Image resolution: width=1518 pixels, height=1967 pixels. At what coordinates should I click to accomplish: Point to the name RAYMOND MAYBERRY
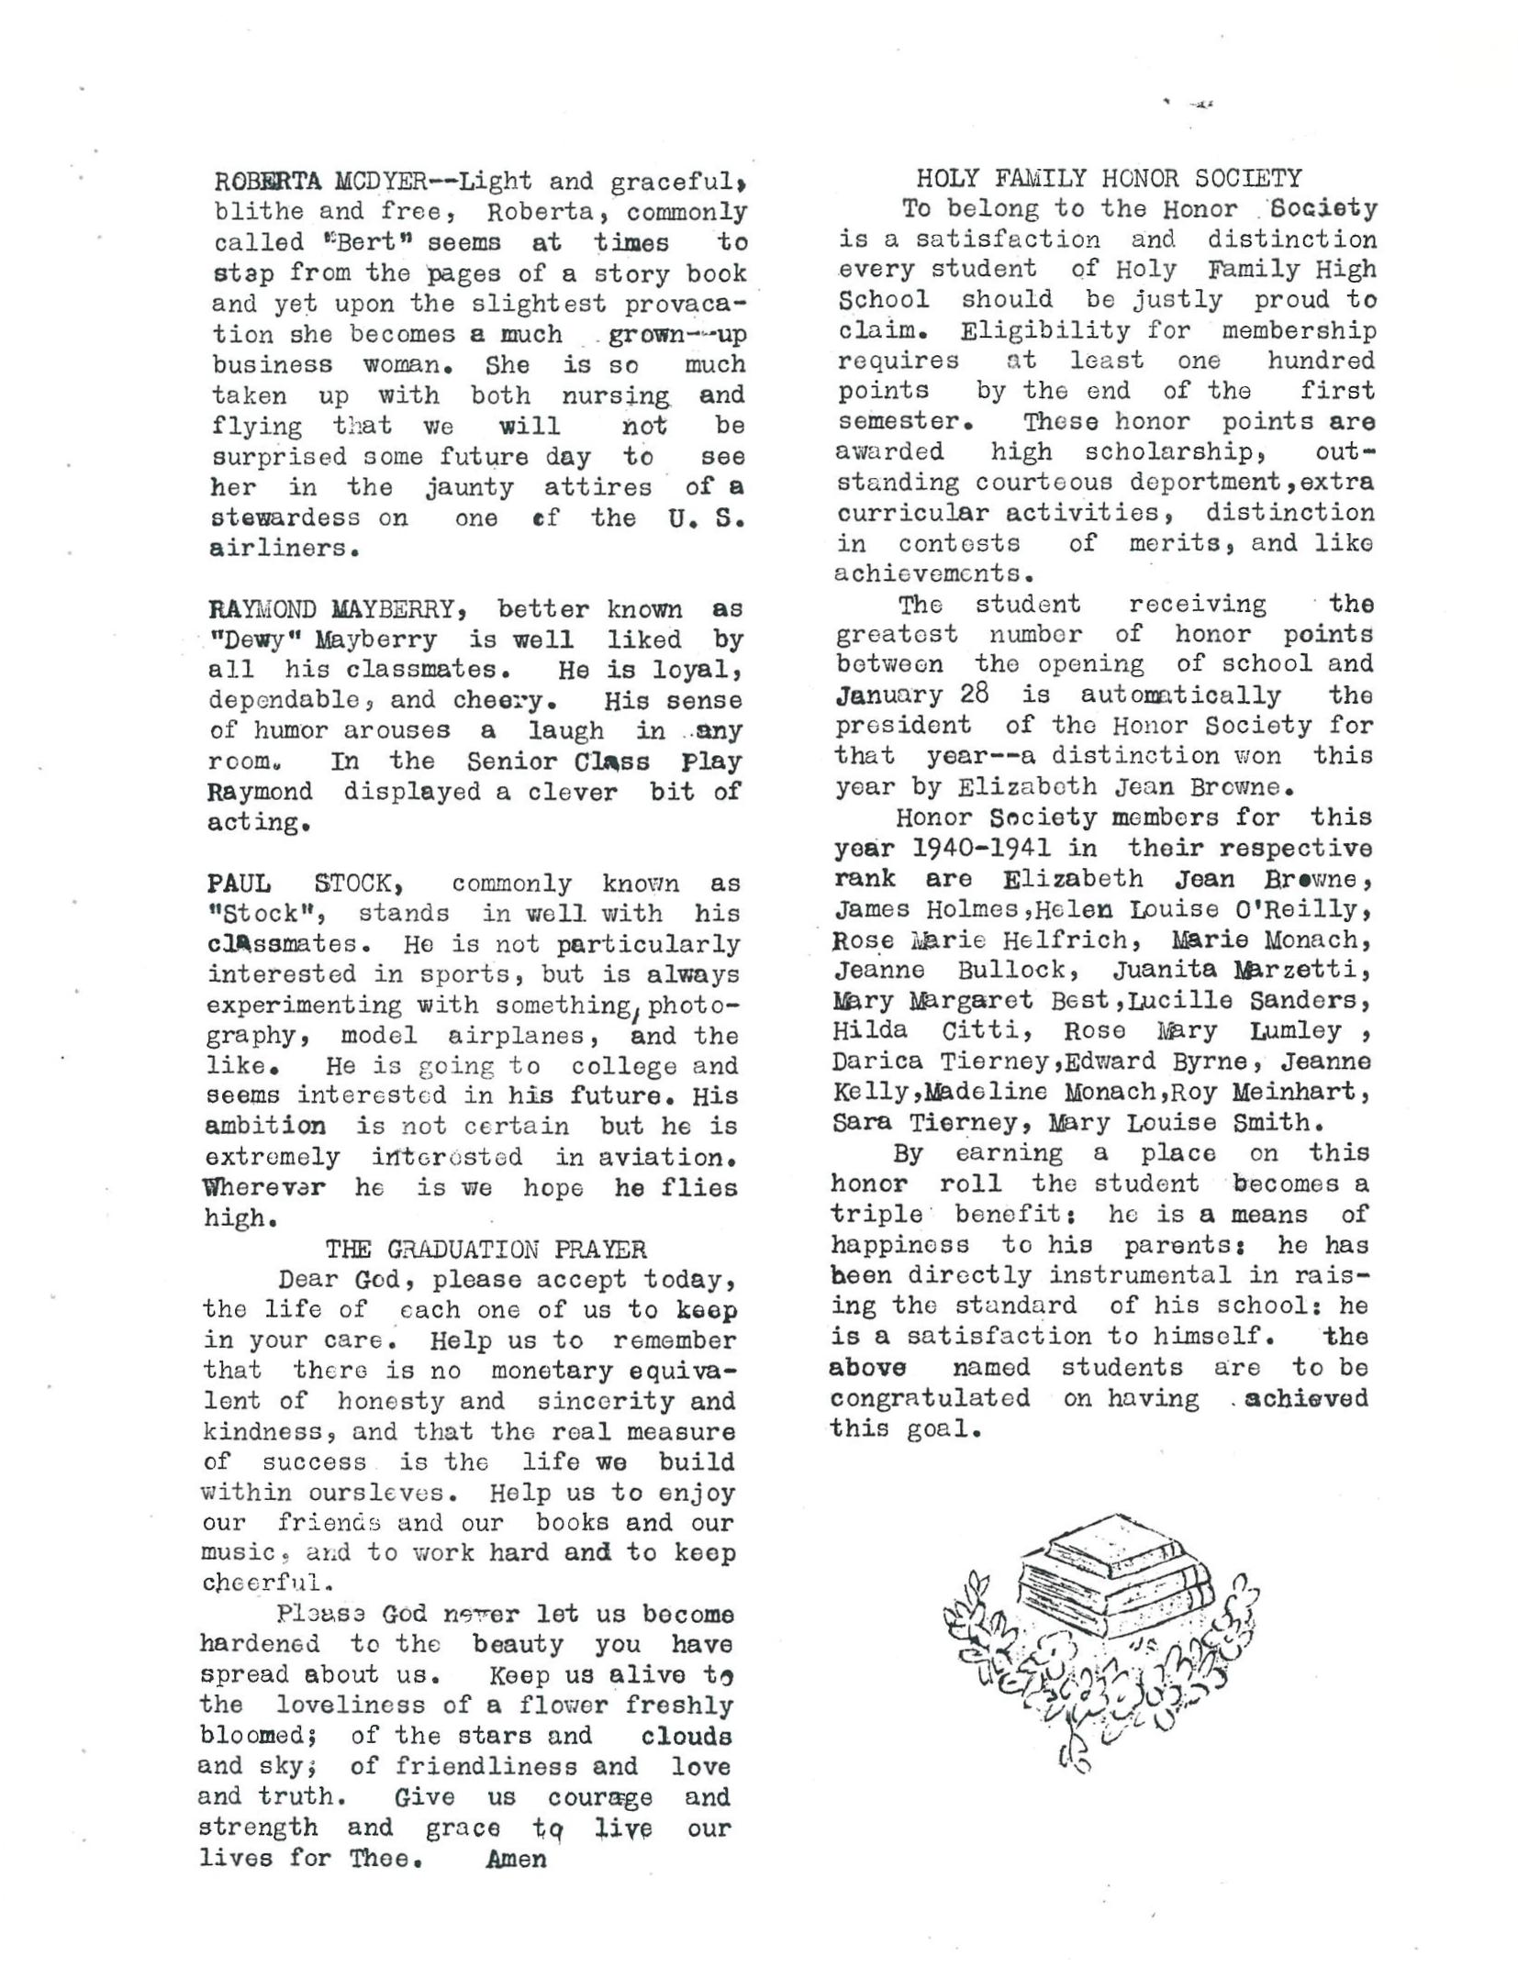pyautogui.click(x=331, y=609)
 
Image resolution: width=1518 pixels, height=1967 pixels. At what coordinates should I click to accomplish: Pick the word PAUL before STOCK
pyautogui.click(x=239, y=883)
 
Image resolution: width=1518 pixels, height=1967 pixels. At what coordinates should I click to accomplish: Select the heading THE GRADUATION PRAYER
pyautogui.click(x=486, y=1250)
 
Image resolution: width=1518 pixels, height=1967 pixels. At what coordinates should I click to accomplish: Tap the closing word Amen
pyautogui.click(x=517, y=1860)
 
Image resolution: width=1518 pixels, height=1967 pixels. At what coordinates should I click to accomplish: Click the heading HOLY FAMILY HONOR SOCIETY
pyautogui.click(x=1109, y=178)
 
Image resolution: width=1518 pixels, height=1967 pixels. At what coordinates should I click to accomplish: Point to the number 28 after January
pyautogui.click(x=975, y=695)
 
